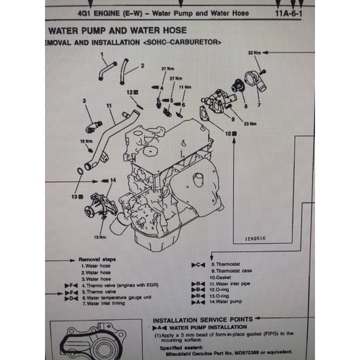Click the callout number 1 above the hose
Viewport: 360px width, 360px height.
click(x=103, y=54)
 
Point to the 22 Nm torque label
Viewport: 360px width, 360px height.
click(x=254, y=53)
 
